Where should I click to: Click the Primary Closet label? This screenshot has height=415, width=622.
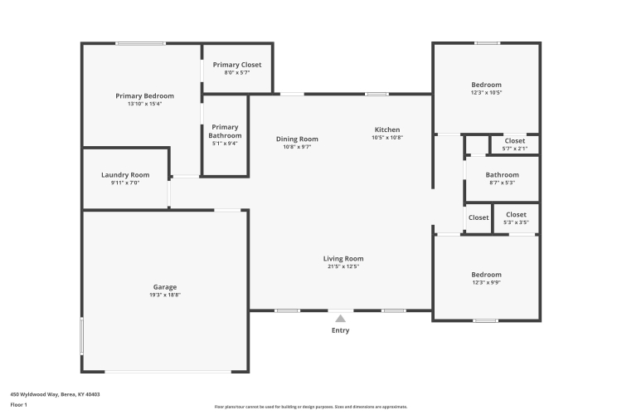237,65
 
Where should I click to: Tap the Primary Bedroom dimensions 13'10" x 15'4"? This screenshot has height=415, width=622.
145,104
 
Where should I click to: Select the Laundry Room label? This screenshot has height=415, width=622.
125,175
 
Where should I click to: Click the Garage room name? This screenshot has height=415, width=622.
165,286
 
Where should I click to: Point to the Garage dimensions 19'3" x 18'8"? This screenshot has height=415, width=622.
165,295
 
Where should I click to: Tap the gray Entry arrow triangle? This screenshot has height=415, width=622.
340,319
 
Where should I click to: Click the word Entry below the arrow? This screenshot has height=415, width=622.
340,330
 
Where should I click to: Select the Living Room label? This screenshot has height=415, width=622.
343,258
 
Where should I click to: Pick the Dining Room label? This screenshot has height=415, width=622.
297,139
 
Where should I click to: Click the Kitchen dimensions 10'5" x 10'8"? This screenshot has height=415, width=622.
387,138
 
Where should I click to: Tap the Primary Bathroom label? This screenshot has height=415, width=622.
225,131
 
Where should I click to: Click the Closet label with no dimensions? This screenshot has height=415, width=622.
479,217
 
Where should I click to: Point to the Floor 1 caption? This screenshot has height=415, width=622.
18,405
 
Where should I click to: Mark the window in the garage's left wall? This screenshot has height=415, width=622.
82,335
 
